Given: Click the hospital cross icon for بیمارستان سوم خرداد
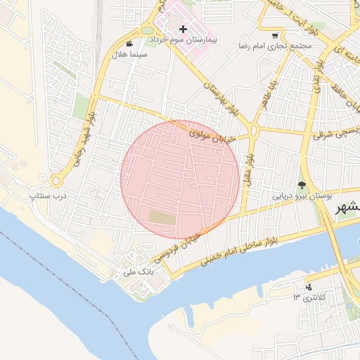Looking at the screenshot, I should (x=183, y=29).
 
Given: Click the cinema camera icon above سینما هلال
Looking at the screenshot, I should (x=130, y=43).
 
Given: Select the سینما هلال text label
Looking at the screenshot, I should (x=132, y=54).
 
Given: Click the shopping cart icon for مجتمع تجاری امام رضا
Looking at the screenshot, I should (x=275, y=36).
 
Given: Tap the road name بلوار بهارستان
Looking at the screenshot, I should (x=220, y=98).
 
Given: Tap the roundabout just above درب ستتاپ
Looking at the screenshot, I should (x=55, y=180).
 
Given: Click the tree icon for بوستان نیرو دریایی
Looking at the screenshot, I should (x=302, y=186).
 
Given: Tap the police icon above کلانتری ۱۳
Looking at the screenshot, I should (x=309, y=286).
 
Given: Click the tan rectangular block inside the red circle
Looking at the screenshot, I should (x=162, y=218).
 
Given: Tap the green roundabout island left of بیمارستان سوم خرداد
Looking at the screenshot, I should (x=146, y=30).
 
